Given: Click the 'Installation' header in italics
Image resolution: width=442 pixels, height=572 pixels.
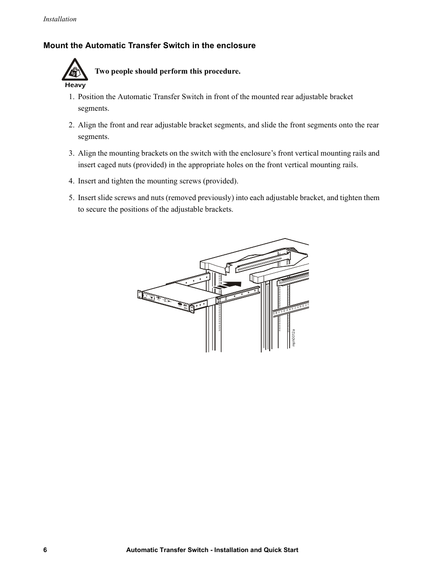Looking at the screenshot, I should [x=59, y=19].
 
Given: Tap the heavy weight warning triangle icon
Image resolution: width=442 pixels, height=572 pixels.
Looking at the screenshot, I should [x=75, y=70].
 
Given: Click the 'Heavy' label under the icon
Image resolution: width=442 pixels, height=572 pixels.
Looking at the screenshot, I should [x=75, y=85].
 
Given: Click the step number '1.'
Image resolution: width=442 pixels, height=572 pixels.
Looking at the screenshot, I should [x=71, y=97].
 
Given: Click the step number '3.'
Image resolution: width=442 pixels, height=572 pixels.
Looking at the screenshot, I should [x=71, y=153].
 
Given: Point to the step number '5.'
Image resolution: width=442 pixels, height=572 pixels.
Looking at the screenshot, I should [x=71, y=198].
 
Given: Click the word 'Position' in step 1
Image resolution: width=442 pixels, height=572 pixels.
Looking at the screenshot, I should [x=91, y=97].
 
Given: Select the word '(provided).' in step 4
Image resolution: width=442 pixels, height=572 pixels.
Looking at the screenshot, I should [x=221, y=181].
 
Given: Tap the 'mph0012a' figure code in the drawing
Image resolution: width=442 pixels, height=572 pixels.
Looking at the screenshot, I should [x=293, y=338].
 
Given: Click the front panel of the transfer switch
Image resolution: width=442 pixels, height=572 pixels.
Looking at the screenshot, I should [x=167, y=302].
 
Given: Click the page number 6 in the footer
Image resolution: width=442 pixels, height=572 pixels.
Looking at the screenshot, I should [x=45, y=550].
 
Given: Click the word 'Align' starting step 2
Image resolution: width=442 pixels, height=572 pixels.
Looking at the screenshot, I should [x=87, y=125].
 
